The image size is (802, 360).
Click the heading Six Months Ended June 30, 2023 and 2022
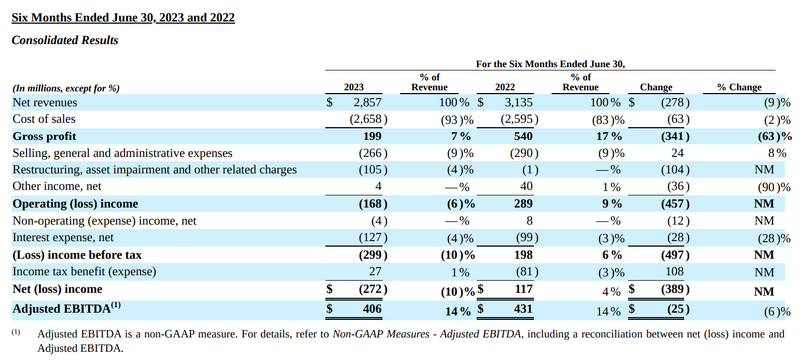pos(123,18)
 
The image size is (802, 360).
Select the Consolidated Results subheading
pos(65,40)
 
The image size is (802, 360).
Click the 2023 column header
pos(353,87)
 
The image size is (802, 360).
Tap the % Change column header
pos(739,87)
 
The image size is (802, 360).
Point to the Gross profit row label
pos(45,136)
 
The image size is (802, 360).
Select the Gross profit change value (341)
pos(674,136)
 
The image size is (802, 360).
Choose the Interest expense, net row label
pos(63,238)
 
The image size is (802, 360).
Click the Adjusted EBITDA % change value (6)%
pos(777,312)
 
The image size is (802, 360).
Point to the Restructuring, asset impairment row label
pos(155,170)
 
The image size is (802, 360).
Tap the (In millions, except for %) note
pos(66,88)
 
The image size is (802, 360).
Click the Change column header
pos(656,87)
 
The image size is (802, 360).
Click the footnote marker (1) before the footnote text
pos(16,332)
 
